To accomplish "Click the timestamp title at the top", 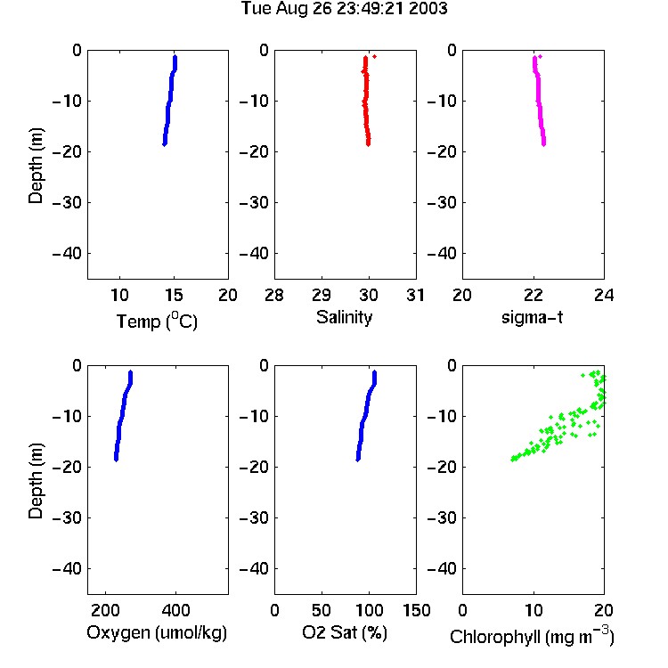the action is [344, 8].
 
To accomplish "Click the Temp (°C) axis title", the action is [157, 321].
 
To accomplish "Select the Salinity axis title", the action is [344, 317].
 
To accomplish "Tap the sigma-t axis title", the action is [533, 317].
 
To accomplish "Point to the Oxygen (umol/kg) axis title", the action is [157, 632].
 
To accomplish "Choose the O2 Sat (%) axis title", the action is [345, 632].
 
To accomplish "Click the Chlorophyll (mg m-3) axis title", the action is [532, 636].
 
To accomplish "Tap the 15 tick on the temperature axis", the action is [174, 295].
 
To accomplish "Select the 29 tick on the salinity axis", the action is [322, 295].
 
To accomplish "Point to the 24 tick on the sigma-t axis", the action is [604, 295].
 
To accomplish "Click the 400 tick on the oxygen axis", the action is [176, 610].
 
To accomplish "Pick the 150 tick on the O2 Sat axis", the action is [417, 610].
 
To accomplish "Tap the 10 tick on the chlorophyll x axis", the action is [534, 610].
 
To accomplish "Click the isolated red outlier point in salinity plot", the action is [374, 57].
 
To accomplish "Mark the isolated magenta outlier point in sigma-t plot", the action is [541, 57].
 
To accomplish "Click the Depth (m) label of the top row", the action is [36, 166].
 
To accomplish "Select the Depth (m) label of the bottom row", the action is [36, 481].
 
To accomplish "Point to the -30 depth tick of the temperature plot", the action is [67, 203].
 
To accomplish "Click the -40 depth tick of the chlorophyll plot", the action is [442, 568].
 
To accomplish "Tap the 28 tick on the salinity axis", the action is [274, 295].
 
